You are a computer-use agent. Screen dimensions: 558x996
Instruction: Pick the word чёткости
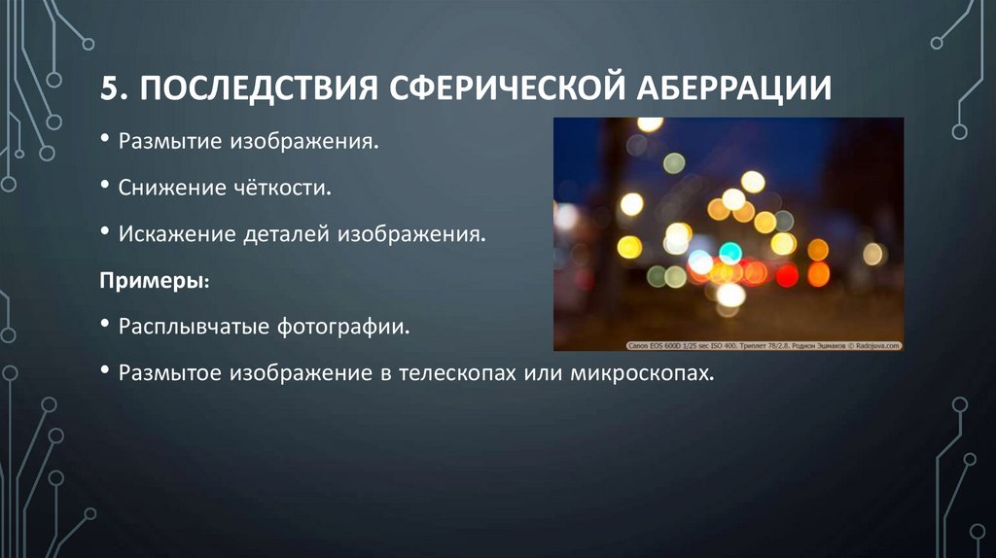[x=290, y=188]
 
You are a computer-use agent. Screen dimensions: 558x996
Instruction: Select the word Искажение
[x=180, y=234]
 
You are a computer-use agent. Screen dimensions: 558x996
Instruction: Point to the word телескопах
[x=457, y=372]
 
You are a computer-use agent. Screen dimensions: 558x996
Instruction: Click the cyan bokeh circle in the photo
[x=730, y=253]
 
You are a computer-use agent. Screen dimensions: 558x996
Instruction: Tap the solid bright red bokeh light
[x=787, y=275]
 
